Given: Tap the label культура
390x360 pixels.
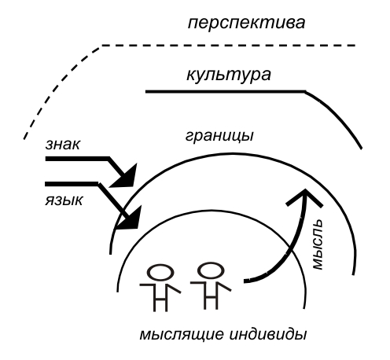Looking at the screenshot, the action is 228,75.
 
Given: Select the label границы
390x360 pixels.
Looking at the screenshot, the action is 219,136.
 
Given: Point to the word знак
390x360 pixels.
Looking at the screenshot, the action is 62,144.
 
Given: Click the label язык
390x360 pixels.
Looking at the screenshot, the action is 64,200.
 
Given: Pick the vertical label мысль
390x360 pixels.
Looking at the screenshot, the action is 318,244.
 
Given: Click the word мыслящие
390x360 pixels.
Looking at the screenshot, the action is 182,335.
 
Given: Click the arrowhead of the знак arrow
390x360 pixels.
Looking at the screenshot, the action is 125,177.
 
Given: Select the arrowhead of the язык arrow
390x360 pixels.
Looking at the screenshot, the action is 131,219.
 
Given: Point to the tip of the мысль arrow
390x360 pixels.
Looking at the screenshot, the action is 305,189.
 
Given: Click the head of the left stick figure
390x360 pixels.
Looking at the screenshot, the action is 161,273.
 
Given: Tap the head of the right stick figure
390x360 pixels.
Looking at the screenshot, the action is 211,270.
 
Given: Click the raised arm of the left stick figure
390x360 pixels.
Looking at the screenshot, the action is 174,288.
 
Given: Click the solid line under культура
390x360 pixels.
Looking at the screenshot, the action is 226,91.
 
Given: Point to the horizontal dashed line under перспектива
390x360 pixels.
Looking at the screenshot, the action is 229,46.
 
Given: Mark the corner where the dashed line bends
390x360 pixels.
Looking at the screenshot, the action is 101,46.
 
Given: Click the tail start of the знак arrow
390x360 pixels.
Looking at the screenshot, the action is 46,159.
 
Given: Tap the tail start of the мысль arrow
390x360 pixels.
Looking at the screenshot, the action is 245,281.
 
